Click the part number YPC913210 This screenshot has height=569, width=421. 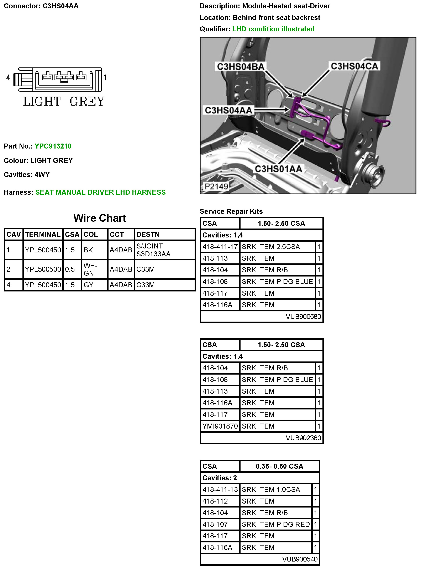pos(53,146)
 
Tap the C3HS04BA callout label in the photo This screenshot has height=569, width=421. pos(240,66)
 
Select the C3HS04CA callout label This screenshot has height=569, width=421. pos(354,66)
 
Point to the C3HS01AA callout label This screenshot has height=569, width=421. pos(278,169)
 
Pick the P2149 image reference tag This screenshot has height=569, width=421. pos(216,186)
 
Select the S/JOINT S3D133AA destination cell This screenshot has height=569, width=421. pos(153,250)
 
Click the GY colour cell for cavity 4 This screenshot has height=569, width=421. pos(88,285)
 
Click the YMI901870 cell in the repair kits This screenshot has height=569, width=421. pos(220,426)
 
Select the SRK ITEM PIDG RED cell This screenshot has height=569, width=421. pos(275,524)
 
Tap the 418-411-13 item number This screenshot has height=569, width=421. pos(220,489)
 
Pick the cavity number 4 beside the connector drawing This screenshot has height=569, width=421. pos(8,77)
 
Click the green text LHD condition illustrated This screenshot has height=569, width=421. pos(273,29)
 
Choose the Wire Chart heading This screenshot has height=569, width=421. pos(100,218)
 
